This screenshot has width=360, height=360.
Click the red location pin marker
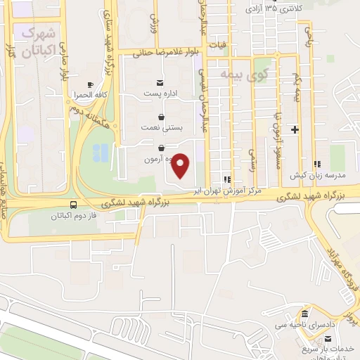(181, 165)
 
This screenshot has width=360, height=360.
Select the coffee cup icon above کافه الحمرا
(90, 84)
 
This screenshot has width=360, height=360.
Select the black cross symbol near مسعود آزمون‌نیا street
(295, 129)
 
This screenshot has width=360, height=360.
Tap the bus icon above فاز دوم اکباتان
(74, 205)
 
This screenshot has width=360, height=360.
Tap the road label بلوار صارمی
(65, 63)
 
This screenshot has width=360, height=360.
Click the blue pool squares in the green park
(101, 151)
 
